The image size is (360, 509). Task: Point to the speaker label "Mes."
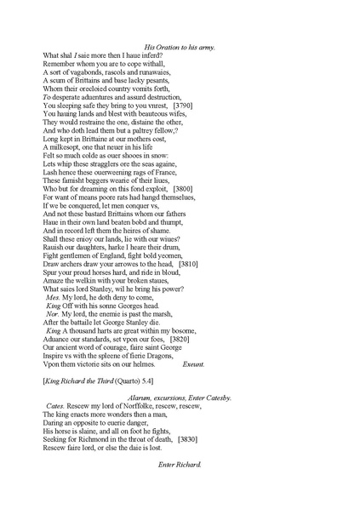53,297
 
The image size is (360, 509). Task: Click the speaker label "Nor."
53,313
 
